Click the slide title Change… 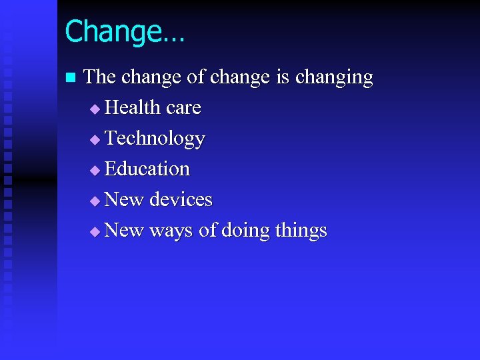125,31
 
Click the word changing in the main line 334,78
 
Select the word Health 133,107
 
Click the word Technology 155,139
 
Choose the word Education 147,169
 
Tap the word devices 181,199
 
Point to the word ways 171,231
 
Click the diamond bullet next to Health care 94,109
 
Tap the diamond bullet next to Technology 94,139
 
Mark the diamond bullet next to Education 94,170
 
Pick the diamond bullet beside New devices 94,201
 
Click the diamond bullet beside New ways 94,231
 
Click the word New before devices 125,199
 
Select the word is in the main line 283,77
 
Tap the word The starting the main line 100,77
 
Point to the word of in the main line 195,77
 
